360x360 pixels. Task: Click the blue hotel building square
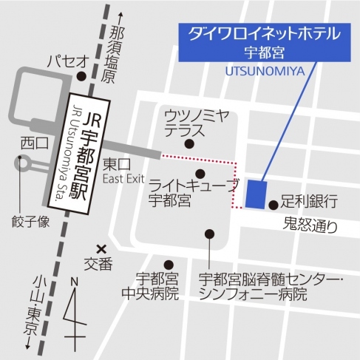pos(256,194)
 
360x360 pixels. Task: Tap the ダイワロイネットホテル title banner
pos(264,41)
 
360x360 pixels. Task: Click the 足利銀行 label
pos(309,201)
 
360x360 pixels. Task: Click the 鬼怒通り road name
pos(312,226)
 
